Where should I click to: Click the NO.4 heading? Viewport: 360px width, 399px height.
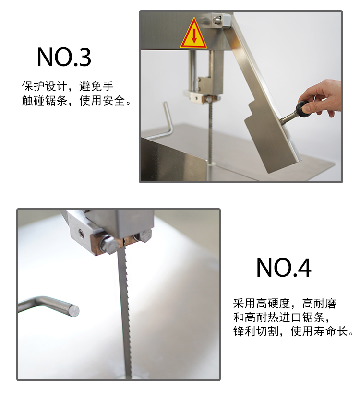284,268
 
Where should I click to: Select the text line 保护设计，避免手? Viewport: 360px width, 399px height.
68,86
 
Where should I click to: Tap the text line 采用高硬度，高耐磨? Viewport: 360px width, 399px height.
285,303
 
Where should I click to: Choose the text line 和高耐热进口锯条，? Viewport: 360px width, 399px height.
283,317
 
